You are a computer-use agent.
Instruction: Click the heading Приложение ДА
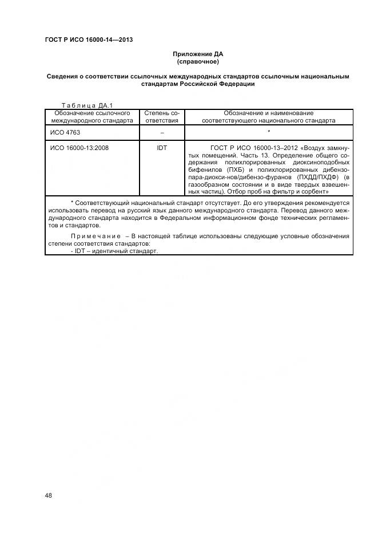click(x=198, y=54)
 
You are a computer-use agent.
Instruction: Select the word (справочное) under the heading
click(x=198, y=61)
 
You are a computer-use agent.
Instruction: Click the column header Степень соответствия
click(x=162, y=117)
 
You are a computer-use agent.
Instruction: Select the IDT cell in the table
click(x=162, y=148)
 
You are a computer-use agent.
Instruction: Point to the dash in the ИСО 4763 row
click(x=162, y=132)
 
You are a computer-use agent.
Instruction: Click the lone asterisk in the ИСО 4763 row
click(x=268, y=132)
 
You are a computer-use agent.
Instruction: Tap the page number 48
click(x=49, y=496)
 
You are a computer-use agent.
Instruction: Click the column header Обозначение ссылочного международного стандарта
click(x=92, y=117)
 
